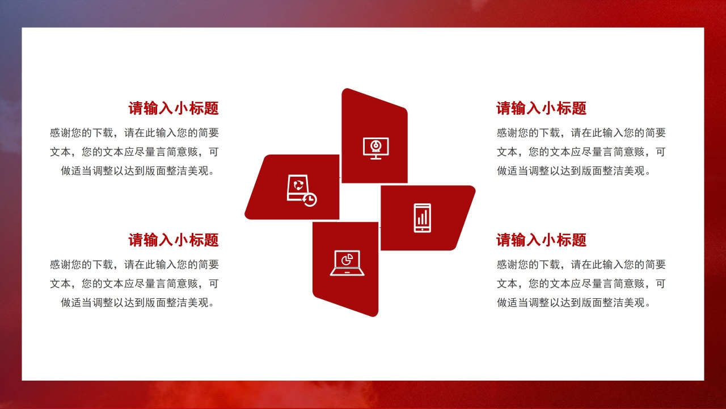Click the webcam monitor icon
pyautogui.click(x=375, y=148)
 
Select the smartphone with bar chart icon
pyautogui.click(x=422, y=218)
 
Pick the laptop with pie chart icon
pyautogui.click(x=347, y=263)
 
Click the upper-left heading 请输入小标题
pyautogui.click(x=174, y=108)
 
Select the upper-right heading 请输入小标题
pyautogui.click(x=541, y=108)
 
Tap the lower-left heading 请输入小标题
pyautogui.click(x=174, y=240)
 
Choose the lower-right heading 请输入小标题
pyautogui.click(x=541, y=240)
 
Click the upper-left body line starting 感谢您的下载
pyautogui.click(x=134, y=133)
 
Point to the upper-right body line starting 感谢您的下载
pyautogui.click(x=581, y=133)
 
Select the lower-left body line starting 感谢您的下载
pyautogui.click(x=134, y=265)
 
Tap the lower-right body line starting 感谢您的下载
pyautogui.click(x=581, y=265)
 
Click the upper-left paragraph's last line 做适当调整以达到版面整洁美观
pyautogui.click(x=139, y=171)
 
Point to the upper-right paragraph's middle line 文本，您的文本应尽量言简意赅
pyautogui.click(x=581, y=152)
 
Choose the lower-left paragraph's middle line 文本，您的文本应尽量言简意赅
pyautogui.click(x=134, y=283)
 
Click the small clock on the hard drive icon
pyautogui.click(x=310, y=199)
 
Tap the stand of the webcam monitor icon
pyautogui.click(x=375, y=157)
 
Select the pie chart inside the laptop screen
pyautogui.click(x=347, y=260)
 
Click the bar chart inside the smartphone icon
pyautogui.click(x=422, y=216)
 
